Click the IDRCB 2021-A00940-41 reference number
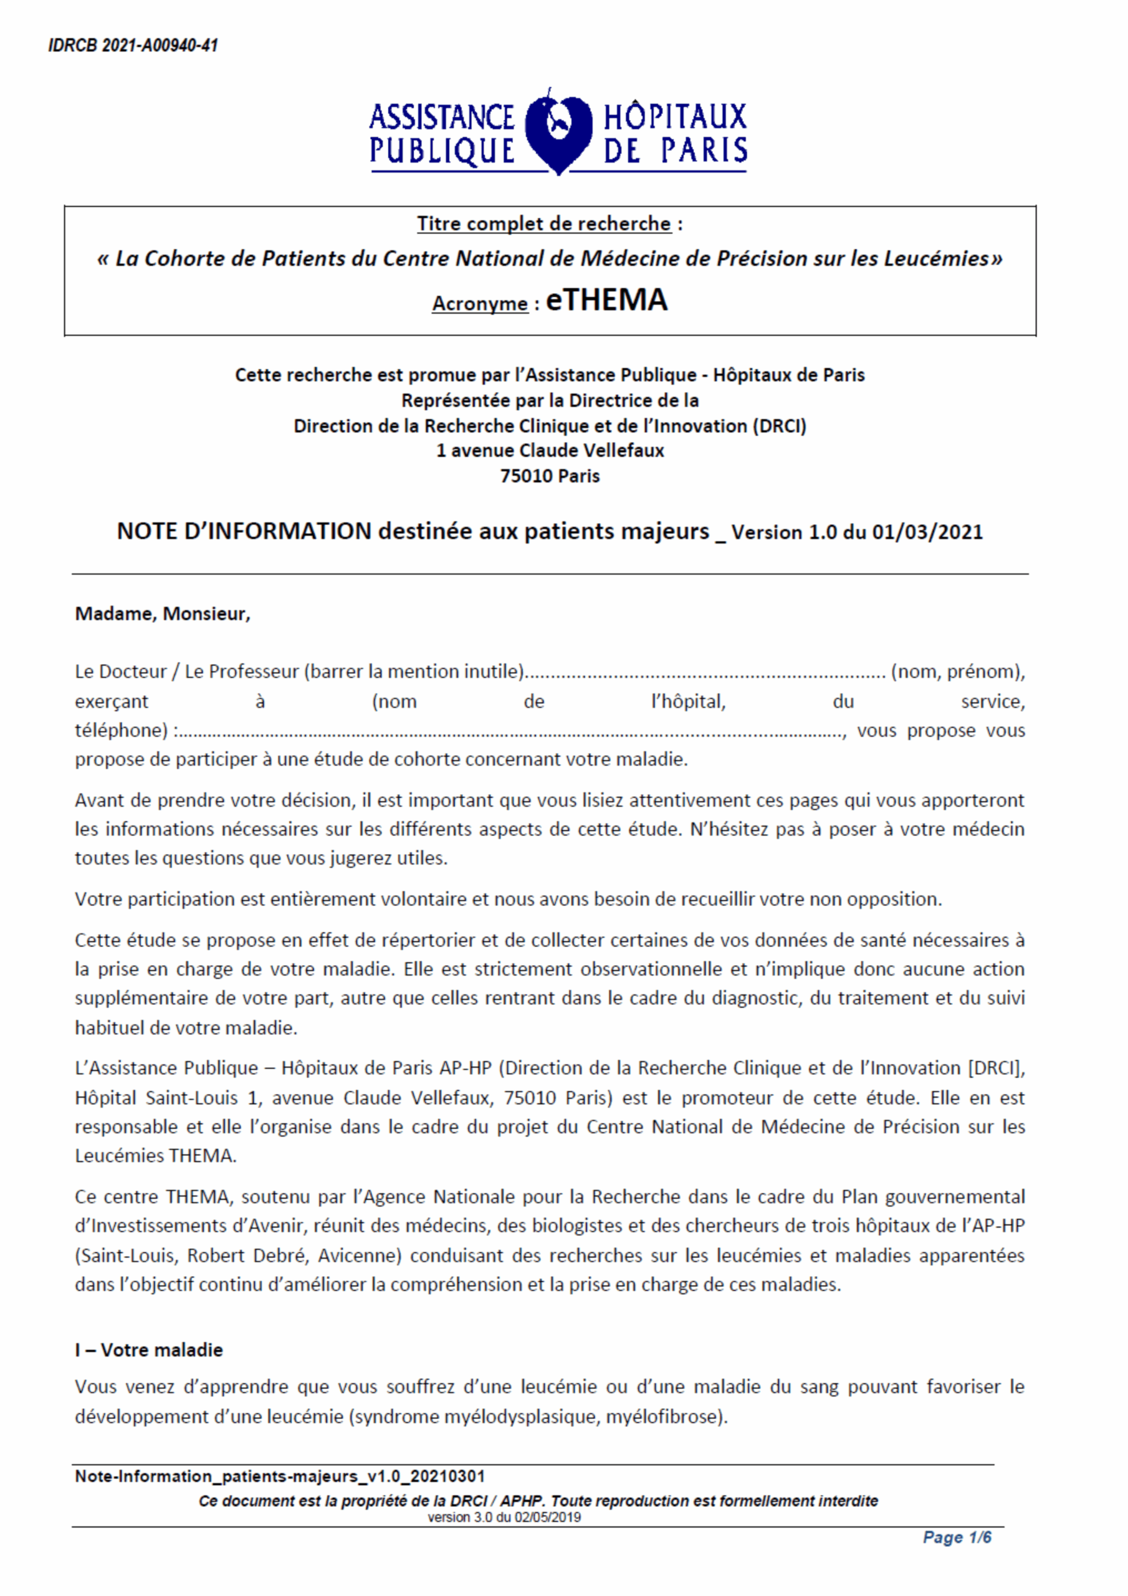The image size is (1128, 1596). click(x=133, y=46)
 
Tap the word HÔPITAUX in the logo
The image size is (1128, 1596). click(x=675, y=117)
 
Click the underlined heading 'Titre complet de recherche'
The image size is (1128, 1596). click(x=543, y=224)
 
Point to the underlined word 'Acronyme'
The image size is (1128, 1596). click(x=480, y=304)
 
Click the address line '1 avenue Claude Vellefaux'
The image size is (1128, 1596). click(x=550, y=451)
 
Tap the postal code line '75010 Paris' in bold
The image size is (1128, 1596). click(x=550, y=476)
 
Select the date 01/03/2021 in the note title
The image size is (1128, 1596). click(x=927, y=532)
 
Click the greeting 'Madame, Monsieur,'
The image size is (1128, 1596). click(x=163, y=614)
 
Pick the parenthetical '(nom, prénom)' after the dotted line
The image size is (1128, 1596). click(x=957, y=671)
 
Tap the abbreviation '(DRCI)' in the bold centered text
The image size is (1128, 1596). click(x=779, y=425)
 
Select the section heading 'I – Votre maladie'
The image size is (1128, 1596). click(x=149, y=1350)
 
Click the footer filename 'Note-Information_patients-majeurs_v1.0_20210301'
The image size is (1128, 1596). click(x=279, y=1476)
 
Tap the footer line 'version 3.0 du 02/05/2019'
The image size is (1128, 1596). click(x=504, y=1517)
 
